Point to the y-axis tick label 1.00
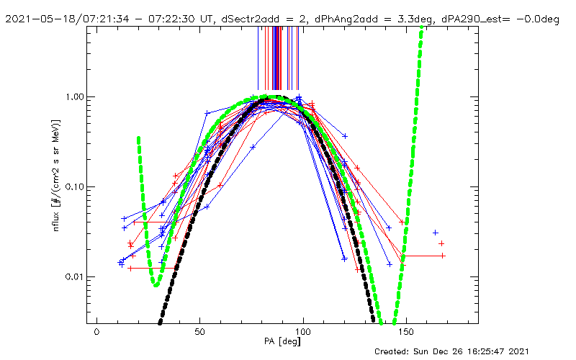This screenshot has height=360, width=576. (x=76, y=96)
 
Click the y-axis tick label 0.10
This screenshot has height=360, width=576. (x=76, y=187)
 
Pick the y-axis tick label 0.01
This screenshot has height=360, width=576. (x=76, y=277)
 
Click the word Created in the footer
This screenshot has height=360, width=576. (x=395, y=351)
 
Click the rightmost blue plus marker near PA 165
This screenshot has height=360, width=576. (x=436, y=233)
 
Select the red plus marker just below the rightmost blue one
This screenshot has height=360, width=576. (x=441, y=243)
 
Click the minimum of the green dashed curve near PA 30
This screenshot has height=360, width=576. (x=156, y=284)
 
